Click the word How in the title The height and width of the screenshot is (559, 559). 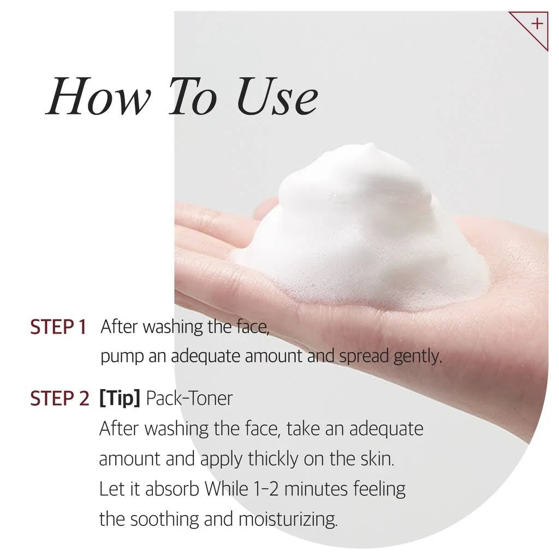pyautogui.click(x=99, y=96)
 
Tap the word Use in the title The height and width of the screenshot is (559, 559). pyautogui.click(x=277, y=96)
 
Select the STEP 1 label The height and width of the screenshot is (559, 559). pyautogui.click(x=58, y=328)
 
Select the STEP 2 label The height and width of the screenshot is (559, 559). pyautogui.click(x=60, y=399)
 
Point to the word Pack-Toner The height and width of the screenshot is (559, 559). pyautogui.click(x=189, y=399)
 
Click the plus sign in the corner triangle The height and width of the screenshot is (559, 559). pyautogui.click(x=537, y=24)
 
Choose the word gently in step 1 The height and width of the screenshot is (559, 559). pyautogui.click(x=418, y=356)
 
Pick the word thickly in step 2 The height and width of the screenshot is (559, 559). pyautogui.click(x=273, y=459)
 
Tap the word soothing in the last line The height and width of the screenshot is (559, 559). pyautogui.click(x=164, y=520)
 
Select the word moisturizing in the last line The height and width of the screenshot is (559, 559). pyautogui.click(x=288, y=520)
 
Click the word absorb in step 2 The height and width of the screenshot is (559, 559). pyautogui.click(x=172, y=489)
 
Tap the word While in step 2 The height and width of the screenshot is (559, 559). pyautogui.click(x=226, y=489)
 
